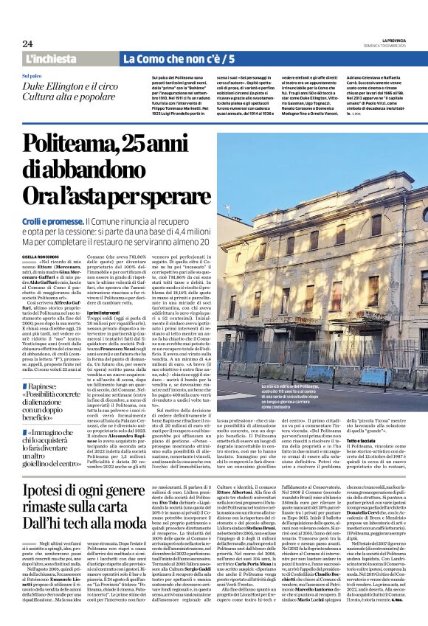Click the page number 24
tap(27, 44)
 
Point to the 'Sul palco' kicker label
tap(32, 76)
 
